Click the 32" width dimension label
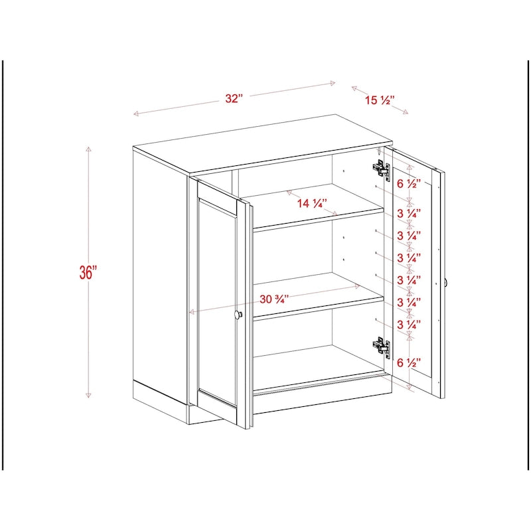pyautogui.click(x=234, y=98)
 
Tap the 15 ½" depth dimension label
pyautogui.click(x=380, y=100)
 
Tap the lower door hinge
pyautogui.click(x=380, y=346)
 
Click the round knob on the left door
pyautogui.click(x=239, y=315)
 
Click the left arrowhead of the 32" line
pyautogui.click(x=135, y=115)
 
